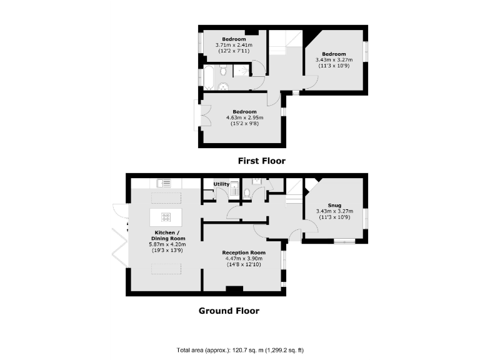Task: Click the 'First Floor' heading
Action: (261, 161)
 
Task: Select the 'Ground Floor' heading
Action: (229, 311)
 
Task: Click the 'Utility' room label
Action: (221, 184)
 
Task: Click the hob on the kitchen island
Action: (166, 217)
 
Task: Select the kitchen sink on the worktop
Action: (164, 183)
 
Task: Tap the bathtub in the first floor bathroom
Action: (209, 79)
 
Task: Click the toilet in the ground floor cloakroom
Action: (248, 193)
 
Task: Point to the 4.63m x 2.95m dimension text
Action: (245, 117)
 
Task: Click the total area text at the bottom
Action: (240, 351)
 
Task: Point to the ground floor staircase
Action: (294, 194)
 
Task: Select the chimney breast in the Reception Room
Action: (234, 289)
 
